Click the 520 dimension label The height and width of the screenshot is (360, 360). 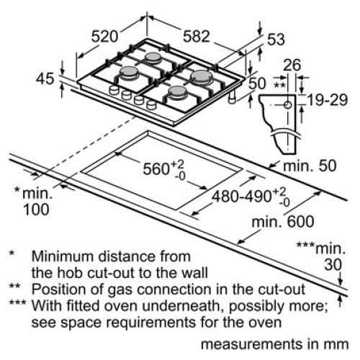coord(105,37)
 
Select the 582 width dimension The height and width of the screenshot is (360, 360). coord(197,37)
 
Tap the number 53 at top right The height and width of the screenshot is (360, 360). coord(276,39)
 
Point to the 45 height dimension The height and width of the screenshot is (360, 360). coord(45,78)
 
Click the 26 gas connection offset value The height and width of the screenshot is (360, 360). coord(292,65)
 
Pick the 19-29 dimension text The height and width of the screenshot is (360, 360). coord(328,100)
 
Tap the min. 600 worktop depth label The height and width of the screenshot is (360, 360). coord(283,222)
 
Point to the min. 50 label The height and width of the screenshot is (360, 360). coord(310,166)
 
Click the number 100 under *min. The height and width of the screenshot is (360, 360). coord(36,210)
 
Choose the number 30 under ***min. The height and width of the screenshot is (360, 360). coord(333,265)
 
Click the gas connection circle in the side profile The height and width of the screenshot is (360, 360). coord(287,104)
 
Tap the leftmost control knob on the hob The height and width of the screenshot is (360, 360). coord(114,90)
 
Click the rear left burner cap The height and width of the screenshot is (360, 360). coord(153,57)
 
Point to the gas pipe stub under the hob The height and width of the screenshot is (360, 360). coord(232,97)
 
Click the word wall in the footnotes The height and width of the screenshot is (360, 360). coord(194,273)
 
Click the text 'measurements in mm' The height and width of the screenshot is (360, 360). coord(274,344)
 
